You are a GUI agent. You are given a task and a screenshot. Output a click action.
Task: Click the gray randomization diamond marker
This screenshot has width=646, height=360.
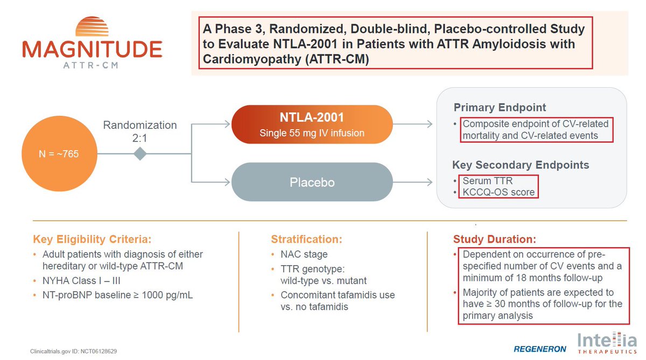(140, 154)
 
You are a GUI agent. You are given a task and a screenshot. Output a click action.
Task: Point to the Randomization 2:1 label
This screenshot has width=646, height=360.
(140, 131)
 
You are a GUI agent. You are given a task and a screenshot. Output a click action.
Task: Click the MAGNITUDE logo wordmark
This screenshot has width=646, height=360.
(92, 50)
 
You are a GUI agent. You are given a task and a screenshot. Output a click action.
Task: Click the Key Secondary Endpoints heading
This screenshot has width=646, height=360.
(520, 165)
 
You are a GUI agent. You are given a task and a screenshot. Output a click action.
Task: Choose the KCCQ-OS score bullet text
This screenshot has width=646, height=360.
(498, 192)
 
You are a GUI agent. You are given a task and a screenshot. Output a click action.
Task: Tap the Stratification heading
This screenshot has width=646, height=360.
(306, 239)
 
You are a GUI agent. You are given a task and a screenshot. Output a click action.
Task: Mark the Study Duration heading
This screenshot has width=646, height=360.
(495, 239)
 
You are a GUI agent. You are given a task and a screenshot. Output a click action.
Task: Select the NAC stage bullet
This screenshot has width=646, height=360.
(304, 255)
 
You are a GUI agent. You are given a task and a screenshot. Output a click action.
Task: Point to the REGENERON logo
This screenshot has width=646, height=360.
(540, 349)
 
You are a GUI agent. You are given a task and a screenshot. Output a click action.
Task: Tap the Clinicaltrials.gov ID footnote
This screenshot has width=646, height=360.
(74, 351)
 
